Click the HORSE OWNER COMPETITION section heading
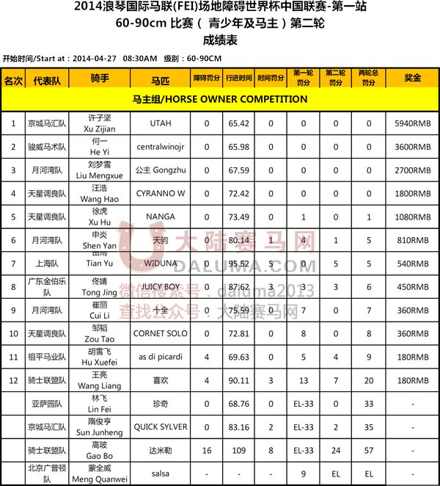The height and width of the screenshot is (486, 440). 220,98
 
